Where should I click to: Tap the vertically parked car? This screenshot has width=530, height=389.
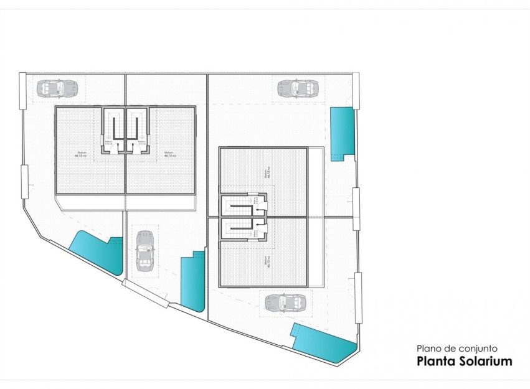click(x=144, y=250)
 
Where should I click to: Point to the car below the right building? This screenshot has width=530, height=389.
click(x=285, y=302)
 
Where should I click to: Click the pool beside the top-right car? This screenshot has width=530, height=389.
click(x=341, y=132)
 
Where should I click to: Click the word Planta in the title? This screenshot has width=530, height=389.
click(x=433, y=361)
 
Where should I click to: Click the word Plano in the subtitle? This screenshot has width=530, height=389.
click(x=429, y=349)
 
